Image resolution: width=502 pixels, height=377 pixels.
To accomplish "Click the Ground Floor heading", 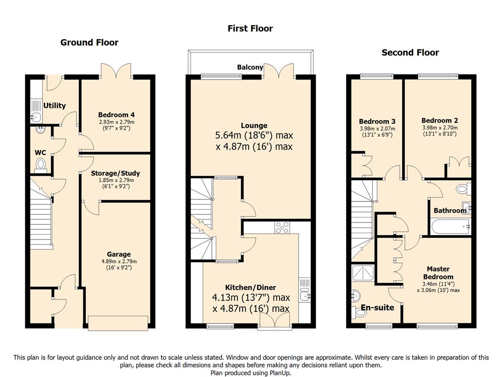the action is point(89,42).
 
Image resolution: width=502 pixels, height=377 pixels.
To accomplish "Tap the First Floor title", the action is point(250,28).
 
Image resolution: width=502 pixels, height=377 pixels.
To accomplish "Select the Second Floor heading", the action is point(410,52).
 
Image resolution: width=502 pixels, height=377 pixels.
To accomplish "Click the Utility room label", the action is point(54,106).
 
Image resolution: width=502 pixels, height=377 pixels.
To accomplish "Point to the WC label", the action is point(40,153).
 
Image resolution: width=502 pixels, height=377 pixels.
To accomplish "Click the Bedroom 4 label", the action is point(116,115).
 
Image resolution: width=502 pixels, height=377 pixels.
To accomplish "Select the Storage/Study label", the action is point(115,173).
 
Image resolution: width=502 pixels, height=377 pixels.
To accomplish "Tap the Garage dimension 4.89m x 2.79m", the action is point(119,261).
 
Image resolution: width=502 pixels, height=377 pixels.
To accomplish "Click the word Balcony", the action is point(250,67).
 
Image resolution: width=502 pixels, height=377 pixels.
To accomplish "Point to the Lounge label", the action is point(254,126).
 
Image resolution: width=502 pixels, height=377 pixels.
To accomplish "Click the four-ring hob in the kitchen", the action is point(282,227).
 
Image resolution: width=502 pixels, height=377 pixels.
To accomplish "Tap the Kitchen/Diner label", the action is point(251,288).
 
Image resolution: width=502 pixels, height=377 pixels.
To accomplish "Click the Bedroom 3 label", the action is point(377,122).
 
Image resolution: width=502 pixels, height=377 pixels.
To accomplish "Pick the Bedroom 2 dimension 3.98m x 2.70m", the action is point(440,128).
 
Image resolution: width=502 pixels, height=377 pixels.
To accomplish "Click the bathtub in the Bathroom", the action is point(451,227).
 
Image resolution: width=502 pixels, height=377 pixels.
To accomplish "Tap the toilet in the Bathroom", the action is point(463,188).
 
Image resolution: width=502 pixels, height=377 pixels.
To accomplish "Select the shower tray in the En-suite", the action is point(363,273).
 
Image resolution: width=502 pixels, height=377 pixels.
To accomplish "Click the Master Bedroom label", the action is point(438,273).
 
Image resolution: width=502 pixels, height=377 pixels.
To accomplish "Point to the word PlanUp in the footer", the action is point(278,373).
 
